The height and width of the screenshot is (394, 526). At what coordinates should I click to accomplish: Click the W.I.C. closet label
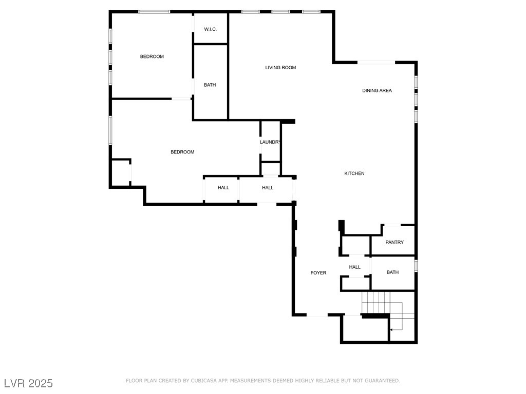[210, 29]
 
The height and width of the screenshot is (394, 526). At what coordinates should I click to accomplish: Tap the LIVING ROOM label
[280, 68]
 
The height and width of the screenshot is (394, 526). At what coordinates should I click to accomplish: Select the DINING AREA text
[377, 91]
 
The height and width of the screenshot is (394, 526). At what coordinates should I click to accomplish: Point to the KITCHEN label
[354, 174]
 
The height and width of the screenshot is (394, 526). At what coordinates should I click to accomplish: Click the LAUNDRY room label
[270, 142]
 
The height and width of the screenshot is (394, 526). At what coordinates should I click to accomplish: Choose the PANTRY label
[394, 243]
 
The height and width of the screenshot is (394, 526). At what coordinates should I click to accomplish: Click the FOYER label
[318, 273]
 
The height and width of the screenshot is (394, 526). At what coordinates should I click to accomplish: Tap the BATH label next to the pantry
[392, 272]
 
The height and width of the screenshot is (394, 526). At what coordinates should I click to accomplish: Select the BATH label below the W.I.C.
[210, 85]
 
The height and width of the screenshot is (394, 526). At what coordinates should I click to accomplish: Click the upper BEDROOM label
[152, 57]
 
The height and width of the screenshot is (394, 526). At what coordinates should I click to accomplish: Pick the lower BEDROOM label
[182, 152]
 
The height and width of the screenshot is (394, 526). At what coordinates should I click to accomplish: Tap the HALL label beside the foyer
[354, 267]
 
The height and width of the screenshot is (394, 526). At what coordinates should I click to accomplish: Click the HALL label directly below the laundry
[268, 188]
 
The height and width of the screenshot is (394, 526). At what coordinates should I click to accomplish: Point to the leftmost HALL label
[223, 188]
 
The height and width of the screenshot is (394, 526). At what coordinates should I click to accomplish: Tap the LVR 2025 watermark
[28, 383]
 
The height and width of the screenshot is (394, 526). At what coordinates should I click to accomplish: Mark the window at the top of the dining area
[376, 63]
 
